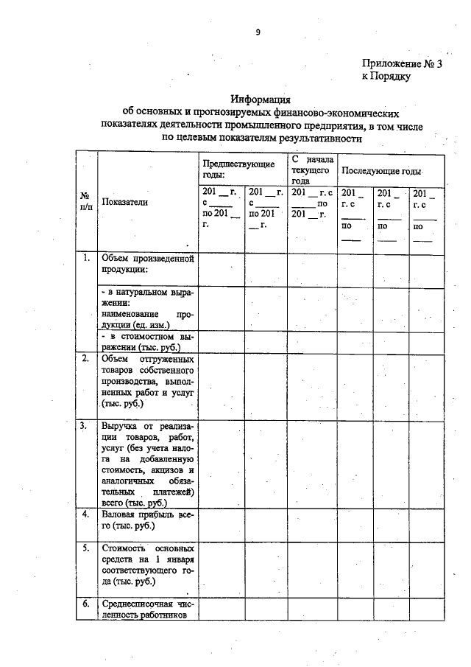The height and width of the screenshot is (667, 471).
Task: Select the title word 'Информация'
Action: point(261,99)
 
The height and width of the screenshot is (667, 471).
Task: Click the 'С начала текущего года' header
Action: point(311,169)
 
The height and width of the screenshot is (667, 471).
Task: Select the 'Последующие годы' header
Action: point(380,170)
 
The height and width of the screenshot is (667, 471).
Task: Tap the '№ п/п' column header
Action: point(86,201)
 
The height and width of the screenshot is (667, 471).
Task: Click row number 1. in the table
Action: point(86,258)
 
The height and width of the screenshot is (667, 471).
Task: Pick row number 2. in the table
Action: point(86,359)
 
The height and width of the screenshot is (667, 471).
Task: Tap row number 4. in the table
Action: point(86,514)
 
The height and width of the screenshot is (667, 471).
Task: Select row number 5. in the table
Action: point(86,548)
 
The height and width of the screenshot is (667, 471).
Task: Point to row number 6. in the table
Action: point(86,604)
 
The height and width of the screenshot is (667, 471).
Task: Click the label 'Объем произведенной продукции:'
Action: point(147,263)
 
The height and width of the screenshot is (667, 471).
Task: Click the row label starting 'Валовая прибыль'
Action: point(147,520)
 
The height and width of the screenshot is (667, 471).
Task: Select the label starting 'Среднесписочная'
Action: point(147,609)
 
